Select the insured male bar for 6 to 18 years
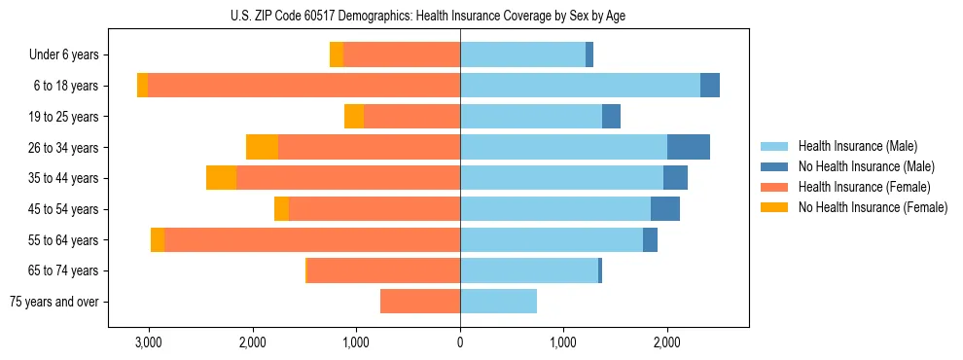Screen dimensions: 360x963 (x=580, y=86)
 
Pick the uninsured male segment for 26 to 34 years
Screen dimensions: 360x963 (x=689, y=147)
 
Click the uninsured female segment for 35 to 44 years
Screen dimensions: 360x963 (x=222, y=178)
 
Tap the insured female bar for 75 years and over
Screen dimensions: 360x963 (x=420, y=302)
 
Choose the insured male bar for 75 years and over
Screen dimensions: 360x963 (x=498, y=302)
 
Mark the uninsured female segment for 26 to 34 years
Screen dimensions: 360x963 (x=262, y=147)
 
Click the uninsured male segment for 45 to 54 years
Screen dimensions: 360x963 (x=665, y=209)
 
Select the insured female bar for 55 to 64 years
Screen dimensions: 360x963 (x=312, y=239)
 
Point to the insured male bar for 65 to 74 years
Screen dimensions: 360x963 (x=529, y=270)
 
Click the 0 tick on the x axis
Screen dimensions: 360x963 (x=460, y=342)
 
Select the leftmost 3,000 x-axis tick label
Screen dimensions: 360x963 (x=148, y=342)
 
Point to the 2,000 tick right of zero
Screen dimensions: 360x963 (x=667, y=342)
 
